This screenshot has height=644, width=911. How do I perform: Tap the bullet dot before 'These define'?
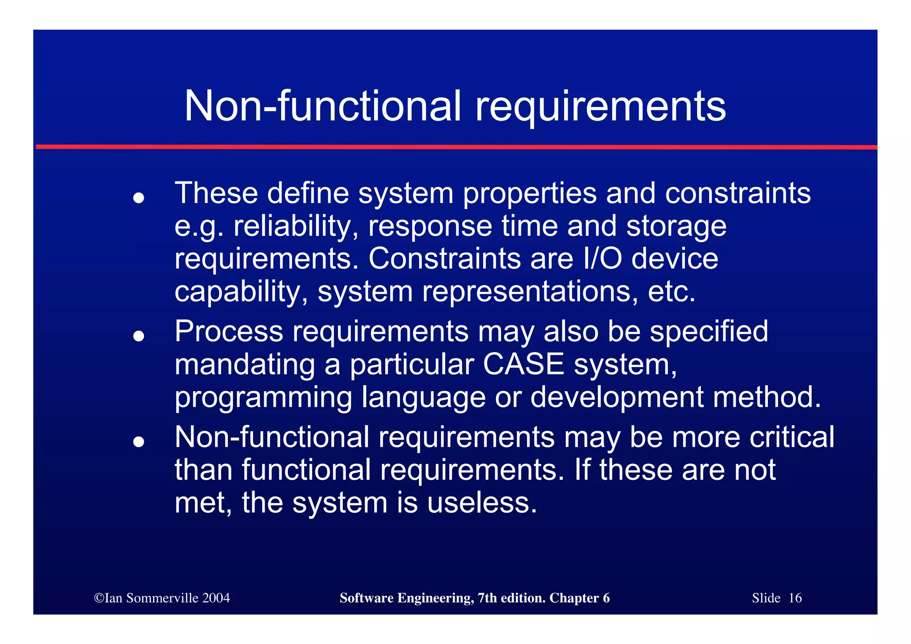(139, 198)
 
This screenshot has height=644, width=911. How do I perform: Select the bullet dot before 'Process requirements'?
(139, 336)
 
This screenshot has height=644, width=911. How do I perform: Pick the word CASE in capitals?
(523, 365)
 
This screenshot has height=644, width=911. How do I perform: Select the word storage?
(676, 227)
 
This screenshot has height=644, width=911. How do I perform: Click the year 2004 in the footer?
(216, 598)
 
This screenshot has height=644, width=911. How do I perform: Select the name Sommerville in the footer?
(162, 598)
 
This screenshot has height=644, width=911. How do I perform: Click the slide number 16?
(795, 598)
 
